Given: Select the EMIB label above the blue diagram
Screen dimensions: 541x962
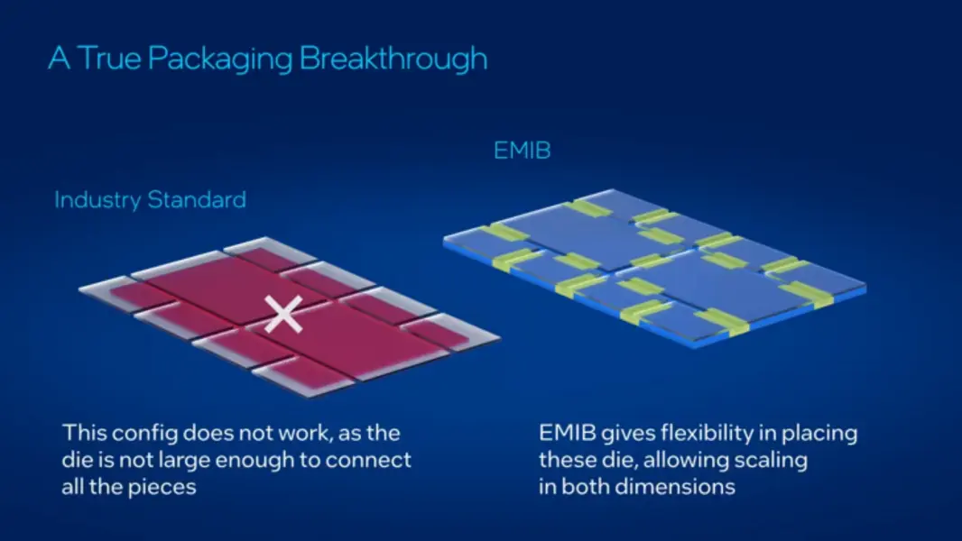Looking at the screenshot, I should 522,150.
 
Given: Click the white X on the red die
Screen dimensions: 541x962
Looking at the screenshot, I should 284,316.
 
